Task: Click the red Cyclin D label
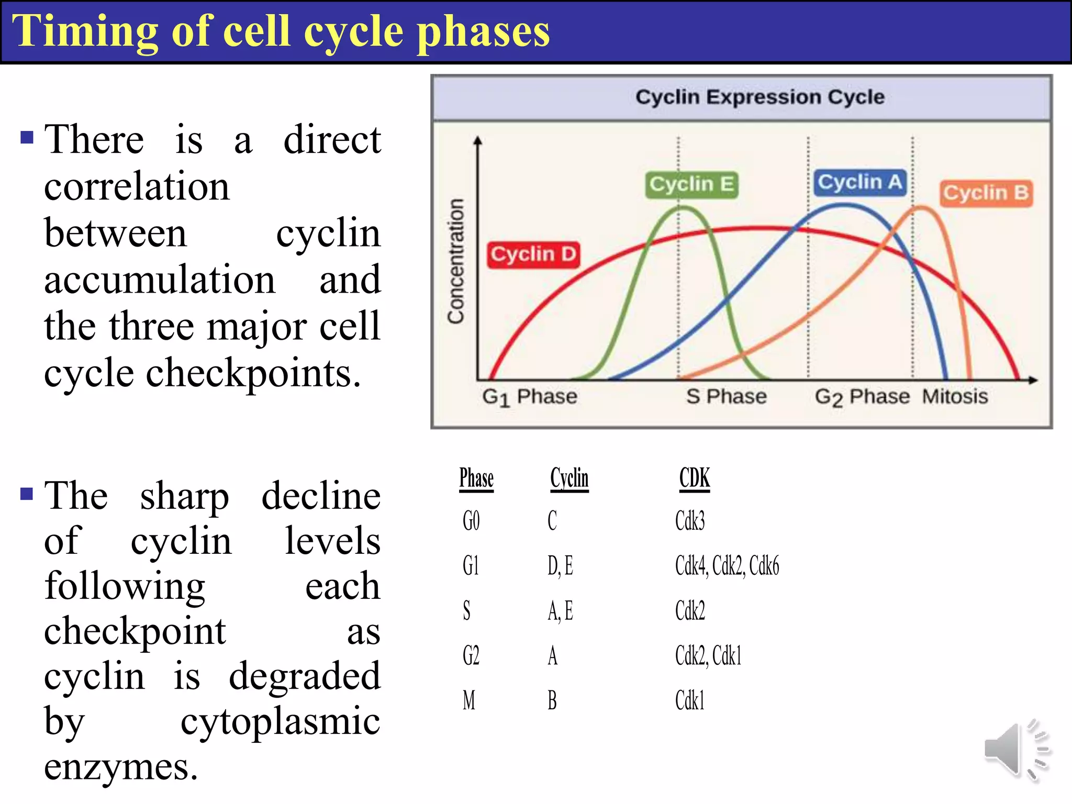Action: click(x=533, y=254)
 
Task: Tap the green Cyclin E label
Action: click(x=691, y=185)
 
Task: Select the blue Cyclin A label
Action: click(x=860, y=183)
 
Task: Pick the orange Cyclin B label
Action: click(x=986, y=193)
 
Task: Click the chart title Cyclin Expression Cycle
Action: click(x=760, y=97)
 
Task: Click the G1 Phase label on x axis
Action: click(x=529, y=397)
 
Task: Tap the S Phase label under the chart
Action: click(x=726, y=397)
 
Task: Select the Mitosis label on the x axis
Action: click(x=955, y=397)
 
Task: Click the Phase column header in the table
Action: click(x=476, y=478)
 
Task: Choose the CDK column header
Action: click(x=695, y=478)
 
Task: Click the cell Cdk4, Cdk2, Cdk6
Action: click(x=727, y=566)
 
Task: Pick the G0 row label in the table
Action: click(x=471, y=521)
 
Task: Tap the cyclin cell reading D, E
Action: click(x=560, y=566)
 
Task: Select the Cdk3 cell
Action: click(x=690, y=521)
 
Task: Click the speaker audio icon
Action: click(x=1015, y=750)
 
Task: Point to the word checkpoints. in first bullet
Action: click(x=253, y=374)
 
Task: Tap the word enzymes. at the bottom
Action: click(x=121, y=767)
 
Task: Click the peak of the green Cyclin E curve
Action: click(x=683, y=208)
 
